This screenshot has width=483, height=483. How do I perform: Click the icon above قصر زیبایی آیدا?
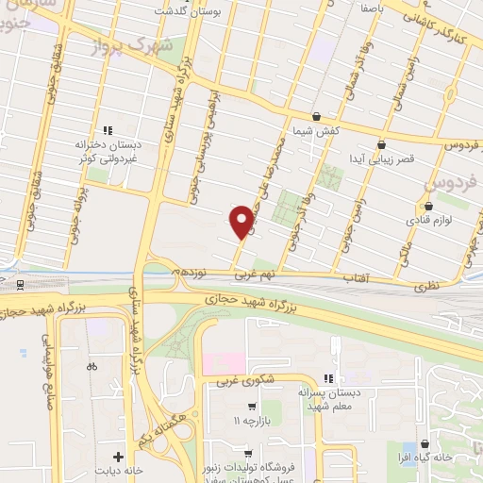click(x=381, y=145)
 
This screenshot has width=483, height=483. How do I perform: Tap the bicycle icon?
click(x=91, y=366)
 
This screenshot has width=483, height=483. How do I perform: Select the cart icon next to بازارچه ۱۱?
click(x=251, y=407)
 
